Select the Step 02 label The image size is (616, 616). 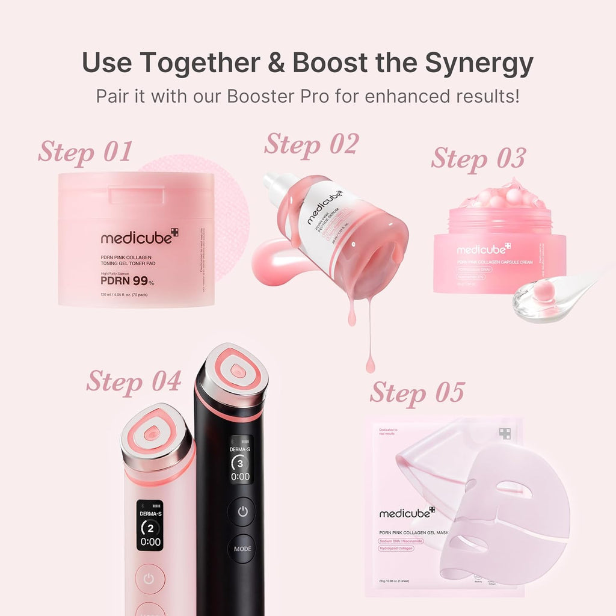(311, 144)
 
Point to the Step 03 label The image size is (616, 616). (478, 158)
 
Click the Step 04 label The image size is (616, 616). (133, 381)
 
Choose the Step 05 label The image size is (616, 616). (417, 392)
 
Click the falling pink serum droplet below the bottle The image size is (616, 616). (369, 363)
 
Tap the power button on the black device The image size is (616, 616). (241, 511)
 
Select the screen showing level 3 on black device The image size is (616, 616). (241, 459)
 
